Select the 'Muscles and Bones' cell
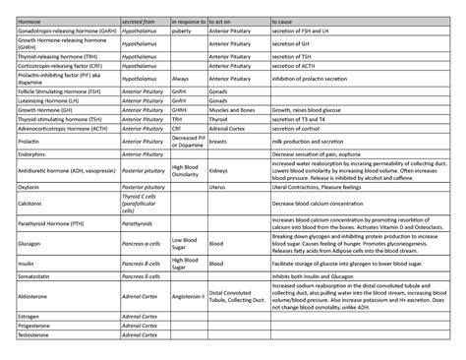(x=232, y=110)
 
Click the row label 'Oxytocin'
(x=21, y=185)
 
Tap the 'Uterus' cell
(x=218, y=185)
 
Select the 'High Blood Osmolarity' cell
(x=185, y=169)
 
